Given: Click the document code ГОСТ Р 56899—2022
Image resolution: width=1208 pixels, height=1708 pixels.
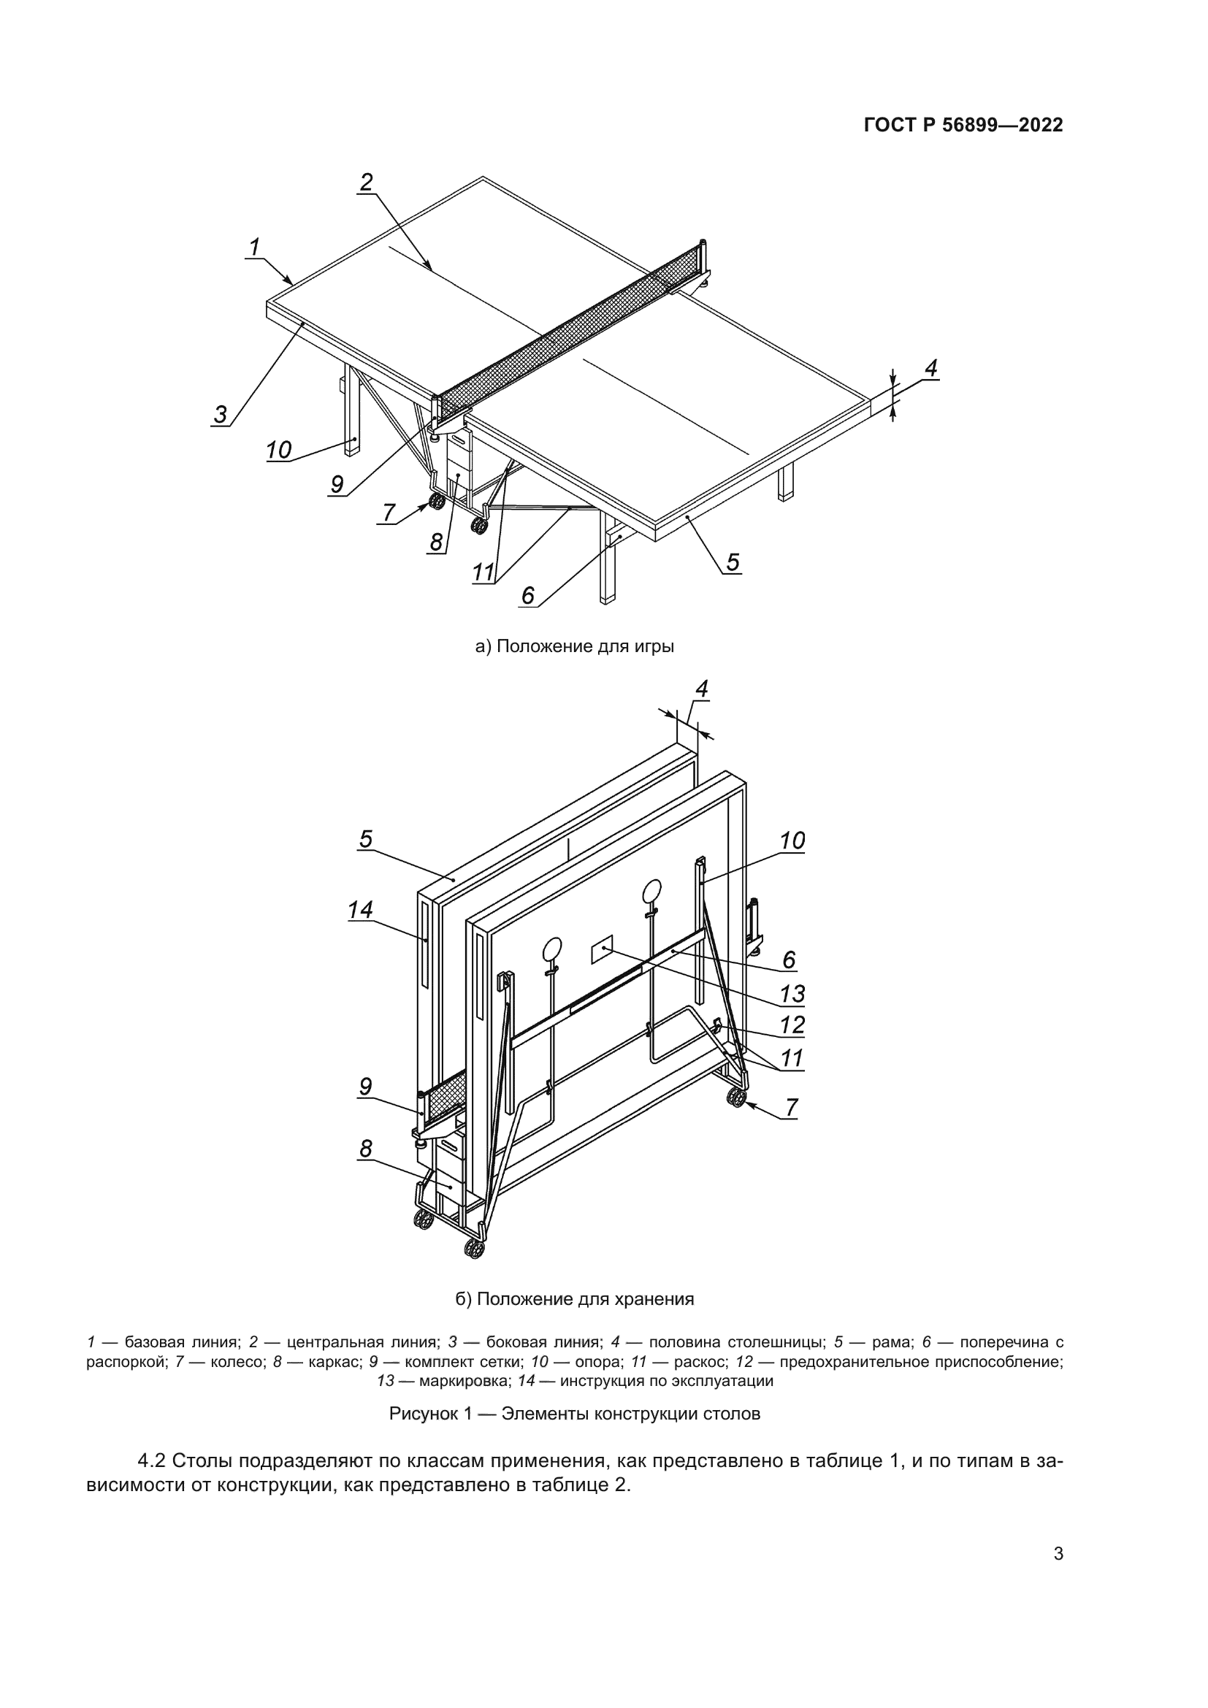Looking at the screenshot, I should [963, 125].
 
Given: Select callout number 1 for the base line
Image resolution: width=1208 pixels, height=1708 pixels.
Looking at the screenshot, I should [254, 246].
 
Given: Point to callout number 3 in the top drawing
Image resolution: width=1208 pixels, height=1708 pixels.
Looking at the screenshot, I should [220, 413].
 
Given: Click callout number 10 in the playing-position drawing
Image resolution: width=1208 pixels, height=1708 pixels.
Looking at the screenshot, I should [279, 449].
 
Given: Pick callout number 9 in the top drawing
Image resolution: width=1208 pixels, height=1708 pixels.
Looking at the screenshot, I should [337, 484].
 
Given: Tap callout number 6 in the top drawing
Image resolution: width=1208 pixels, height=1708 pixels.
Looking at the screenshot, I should [527, 595].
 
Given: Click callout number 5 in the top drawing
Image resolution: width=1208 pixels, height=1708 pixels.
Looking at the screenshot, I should [733, 562].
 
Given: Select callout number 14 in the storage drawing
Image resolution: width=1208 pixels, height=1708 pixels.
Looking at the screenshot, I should [360, 909].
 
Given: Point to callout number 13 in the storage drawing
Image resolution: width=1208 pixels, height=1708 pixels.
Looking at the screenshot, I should [792, 993].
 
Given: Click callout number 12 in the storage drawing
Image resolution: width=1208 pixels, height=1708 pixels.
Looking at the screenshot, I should [792, 1025].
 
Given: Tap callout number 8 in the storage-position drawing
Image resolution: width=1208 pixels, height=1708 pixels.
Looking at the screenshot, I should [365, 1149].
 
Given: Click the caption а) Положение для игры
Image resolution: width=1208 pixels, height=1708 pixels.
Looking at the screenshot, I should [574, 646].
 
